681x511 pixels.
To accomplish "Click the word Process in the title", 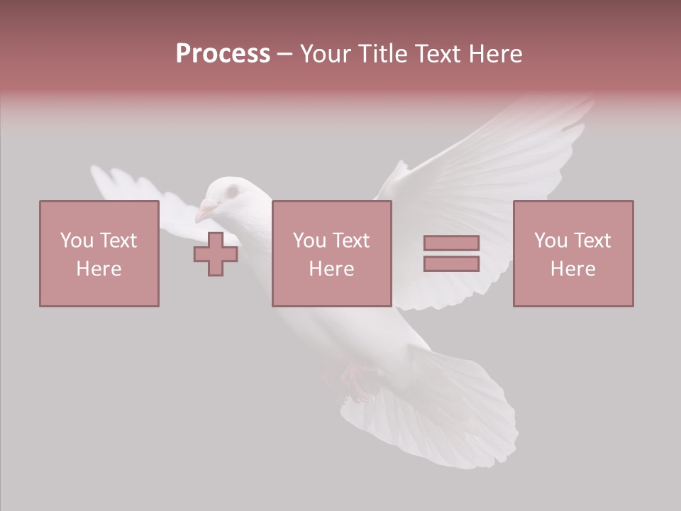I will tap(223, 54).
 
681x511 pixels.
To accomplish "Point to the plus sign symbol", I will tap(216, 254).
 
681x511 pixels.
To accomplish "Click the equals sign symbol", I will tap(451, 253).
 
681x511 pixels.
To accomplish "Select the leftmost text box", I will tap(99, 253).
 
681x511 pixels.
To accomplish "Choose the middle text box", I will tap(331, 253).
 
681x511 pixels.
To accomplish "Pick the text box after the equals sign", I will tap(572, 253).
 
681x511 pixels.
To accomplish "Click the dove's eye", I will tap(231, 192).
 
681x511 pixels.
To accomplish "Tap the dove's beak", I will tap(206, 211).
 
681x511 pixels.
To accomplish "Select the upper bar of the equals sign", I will tap(451, 243).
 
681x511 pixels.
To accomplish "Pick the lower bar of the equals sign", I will tap(451, 263).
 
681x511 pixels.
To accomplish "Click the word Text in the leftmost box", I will tap(118, 241).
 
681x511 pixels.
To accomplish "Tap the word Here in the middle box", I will tap(331, 269).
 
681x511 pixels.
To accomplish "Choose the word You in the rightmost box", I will tap(551, 241).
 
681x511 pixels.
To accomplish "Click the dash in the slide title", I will tap(284, 54).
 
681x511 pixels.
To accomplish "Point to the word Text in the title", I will tap(437, 54).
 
